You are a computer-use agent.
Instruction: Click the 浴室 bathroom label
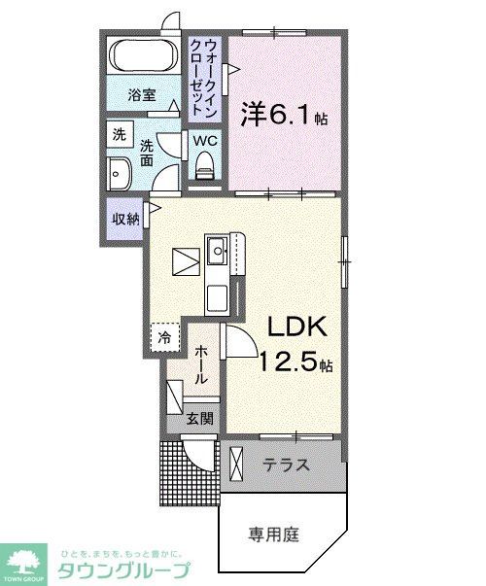click(x=142, y=94)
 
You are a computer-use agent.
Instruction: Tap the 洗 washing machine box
click(x=119, y=135)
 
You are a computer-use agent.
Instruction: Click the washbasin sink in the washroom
click(x=121, y=176)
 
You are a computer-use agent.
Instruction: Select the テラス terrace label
click(x=287, y=465)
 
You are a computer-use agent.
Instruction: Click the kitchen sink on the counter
click(x=217, y=255)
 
